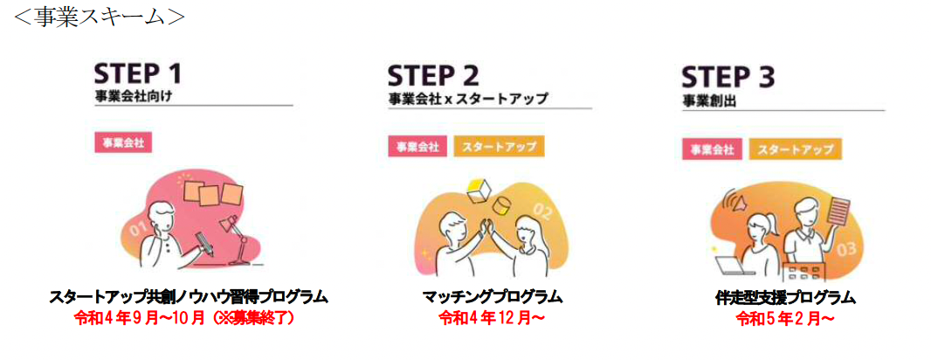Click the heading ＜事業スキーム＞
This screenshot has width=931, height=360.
[x=98, y=17]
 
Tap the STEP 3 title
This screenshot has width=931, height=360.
[x=728, y=78]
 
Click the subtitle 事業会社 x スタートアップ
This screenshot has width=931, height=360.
[x=468, y=99]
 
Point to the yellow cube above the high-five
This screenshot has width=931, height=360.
[x=478, y=187]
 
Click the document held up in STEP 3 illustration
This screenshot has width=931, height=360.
[x=838, y=212]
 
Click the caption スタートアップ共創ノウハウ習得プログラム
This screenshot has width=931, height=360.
[x=189, y=297]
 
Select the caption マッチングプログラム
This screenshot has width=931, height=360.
[x=492, y=297]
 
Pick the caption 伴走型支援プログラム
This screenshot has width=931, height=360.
[x=784, y=298]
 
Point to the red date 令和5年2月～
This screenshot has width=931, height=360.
[x=784, y=319]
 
